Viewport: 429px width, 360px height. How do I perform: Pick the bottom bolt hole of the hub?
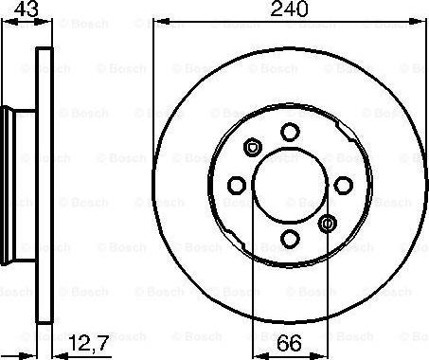(290, 239)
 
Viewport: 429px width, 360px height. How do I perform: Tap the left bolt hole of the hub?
(237, 185)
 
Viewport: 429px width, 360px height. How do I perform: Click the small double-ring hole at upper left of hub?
(253, 147)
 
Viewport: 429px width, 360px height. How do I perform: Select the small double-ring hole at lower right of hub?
(328, 224)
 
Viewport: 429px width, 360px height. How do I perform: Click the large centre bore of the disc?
(290, 185)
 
